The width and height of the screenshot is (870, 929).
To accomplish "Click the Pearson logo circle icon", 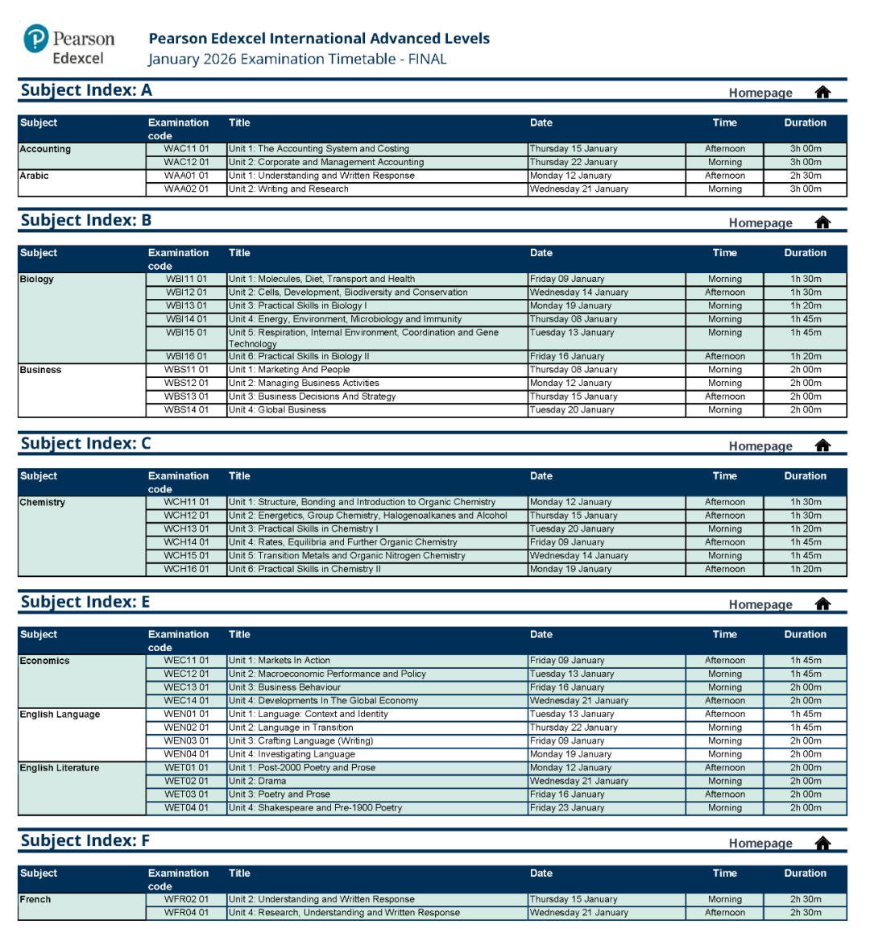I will pyautogui.click(x=36, y=38).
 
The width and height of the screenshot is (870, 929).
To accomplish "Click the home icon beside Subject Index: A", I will pyautogui.click(x=822, y=92).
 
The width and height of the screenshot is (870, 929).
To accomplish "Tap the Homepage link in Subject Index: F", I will pyautogui.click(x=760, y=844).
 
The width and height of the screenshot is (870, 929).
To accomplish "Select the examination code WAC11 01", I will pyautogui.click(x=186, y=149).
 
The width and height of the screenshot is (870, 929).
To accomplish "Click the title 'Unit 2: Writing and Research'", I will pyautogui.click(x=288, y=189).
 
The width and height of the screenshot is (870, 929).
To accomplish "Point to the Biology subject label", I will pyautogui.click(x=37, y=280).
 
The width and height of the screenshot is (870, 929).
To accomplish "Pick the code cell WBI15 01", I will pyautogui.click(x=186, y=333).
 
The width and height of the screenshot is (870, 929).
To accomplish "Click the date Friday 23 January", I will pyautogui.click(x=567, y=808).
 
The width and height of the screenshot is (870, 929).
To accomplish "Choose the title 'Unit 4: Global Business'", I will pyautogui.click(x=277, y=410).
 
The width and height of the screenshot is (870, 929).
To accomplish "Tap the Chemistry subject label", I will pyautogui.click(x=43, y=503).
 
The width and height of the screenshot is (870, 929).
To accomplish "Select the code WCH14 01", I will pyautogui.click(x=186, y=542).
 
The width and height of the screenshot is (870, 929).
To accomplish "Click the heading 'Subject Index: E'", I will pyautogui.click(x=85, y=602).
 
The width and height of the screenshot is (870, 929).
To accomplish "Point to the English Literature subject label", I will pyautogui.click(x=60, y=768).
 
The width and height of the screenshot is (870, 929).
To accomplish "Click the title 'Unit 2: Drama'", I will pyautogui.click(x=257, y=781).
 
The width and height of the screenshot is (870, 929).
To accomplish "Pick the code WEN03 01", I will pyautogui.click(x=186, y=741).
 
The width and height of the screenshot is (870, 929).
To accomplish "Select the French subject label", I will pyautogui.click(x=35, y=900).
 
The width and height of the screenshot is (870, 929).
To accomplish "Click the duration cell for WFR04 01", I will pyautogui.click(x=806, y=913).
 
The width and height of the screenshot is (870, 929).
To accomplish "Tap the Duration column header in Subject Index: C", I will pyautogui.click(x=805, y=476).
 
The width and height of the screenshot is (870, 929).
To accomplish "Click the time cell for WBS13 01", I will pyautogui.click(x=725, y=396).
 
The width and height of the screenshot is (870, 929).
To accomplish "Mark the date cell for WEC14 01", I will pyautogui.click(x=579, y=701).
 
